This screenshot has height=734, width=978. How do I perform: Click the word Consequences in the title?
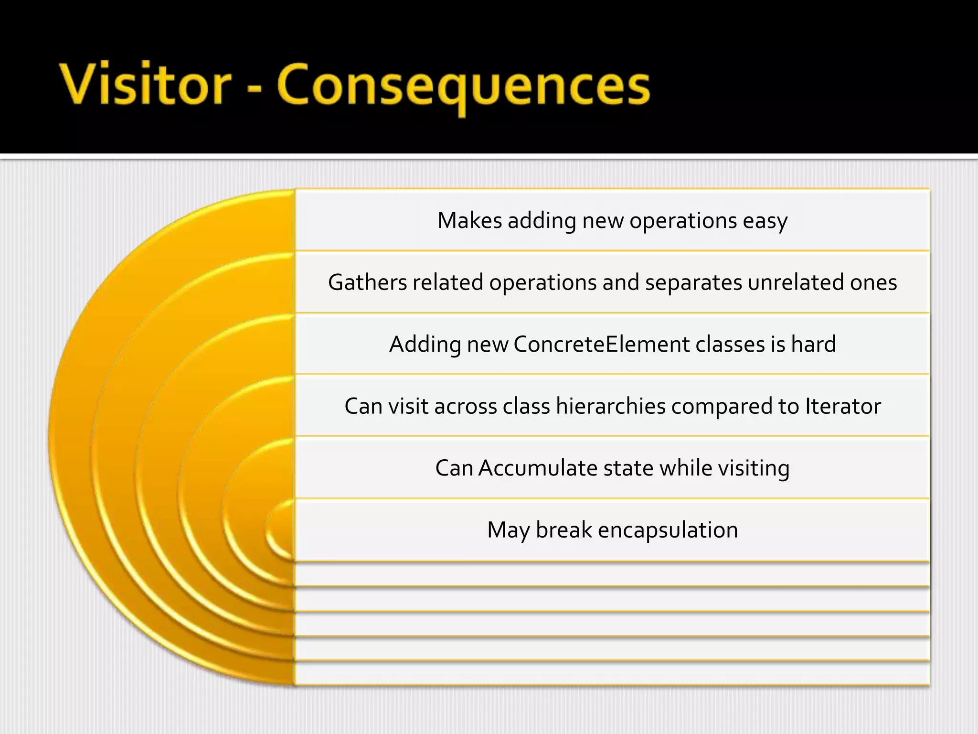pyautogui.click(x=463, y=86)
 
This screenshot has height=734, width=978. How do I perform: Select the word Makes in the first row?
pyautogui.click(x=469, y=221)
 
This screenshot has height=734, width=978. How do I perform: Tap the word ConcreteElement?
pyautogui.click(x=601, y=344)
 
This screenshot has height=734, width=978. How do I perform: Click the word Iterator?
pyautogui.click(x=843, y=406)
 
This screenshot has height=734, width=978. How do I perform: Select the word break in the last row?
pyautogui.click(x=563, y=530)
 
